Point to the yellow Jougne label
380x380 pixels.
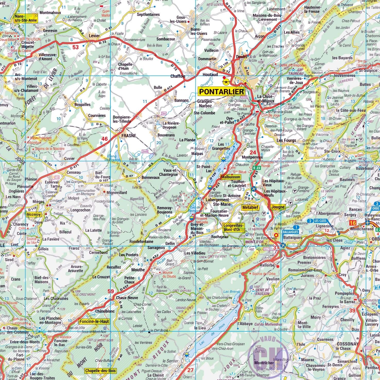click(x=278, y=207)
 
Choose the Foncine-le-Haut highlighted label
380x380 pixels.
click(x=94, y=321)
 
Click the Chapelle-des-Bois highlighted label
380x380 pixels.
click(x=100, y=371)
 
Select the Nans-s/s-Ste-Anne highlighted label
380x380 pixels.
click(x=26, y=18)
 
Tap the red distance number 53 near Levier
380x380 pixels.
click(x=75, y=47)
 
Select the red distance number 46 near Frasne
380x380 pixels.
click(x=104, y=139)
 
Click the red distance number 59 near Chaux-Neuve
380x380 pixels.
click(x=110, y=291)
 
